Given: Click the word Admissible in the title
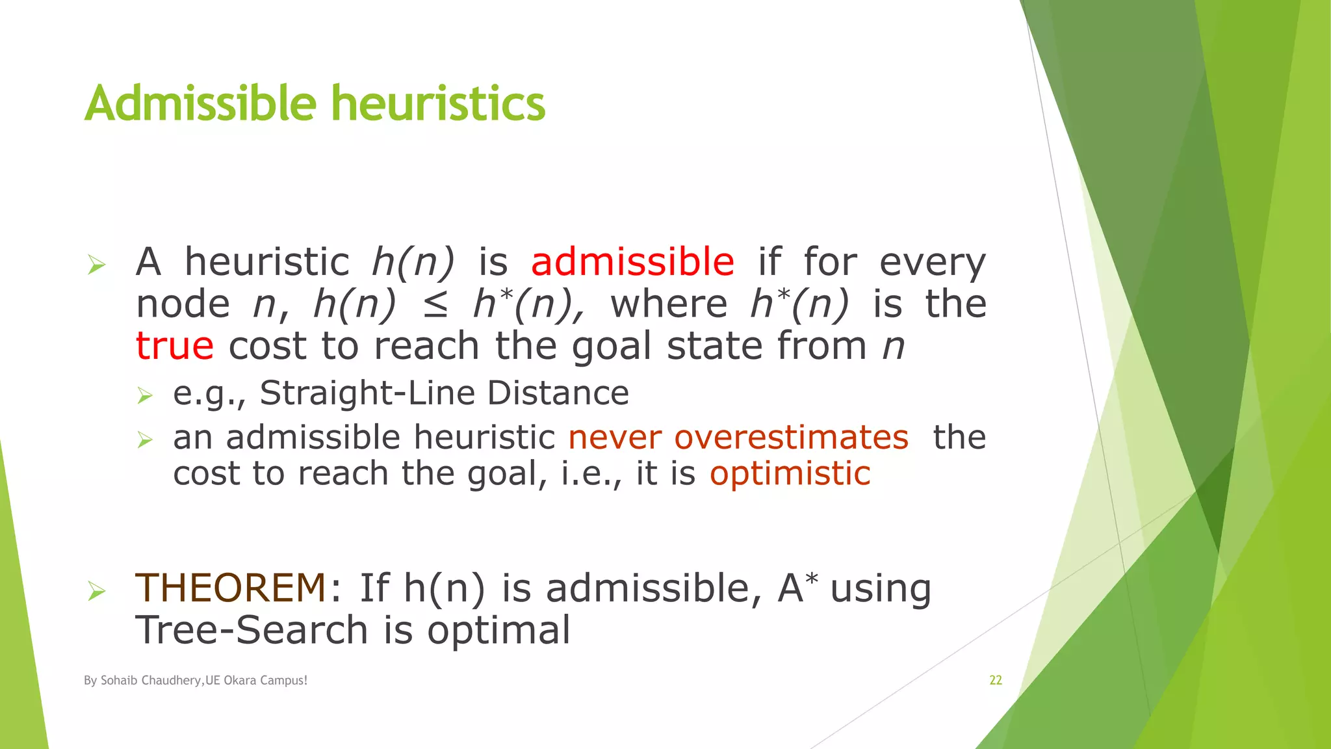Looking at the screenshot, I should (200, 104).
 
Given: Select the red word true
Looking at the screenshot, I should (174, 345).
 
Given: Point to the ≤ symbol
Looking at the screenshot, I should (435, 305).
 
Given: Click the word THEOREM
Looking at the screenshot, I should (230, 588).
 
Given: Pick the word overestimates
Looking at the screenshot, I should (791, 437).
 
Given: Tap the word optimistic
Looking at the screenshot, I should (790, 473).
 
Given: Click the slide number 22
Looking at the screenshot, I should (996, 680).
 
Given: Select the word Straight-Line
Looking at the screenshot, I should (367, 393).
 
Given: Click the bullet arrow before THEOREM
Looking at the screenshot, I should (96, 591).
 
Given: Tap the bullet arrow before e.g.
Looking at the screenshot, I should (144, 395).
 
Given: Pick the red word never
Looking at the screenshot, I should (615, 437).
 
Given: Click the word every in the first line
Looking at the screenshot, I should (933, 263).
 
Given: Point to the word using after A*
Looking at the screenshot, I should (881, 589).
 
